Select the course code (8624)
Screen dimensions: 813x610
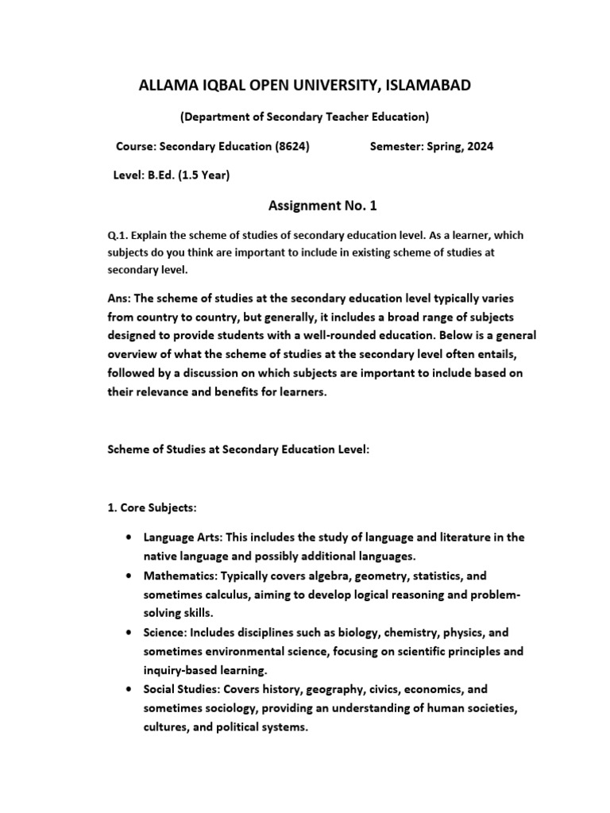pos(290,147)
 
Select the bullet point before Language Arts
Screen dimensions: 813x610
pos(128,538)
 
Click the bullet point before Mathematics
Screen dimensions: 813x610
pos(128,576)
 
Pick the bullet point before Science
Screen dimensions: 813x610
pos(128,633)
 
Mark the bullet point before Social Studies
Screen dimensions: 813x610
pos(128,690)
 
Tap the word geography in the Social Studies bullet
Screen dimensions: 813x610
pos(312,690)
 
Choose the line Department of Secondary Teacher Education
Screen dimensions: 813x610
pos(305,117)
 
